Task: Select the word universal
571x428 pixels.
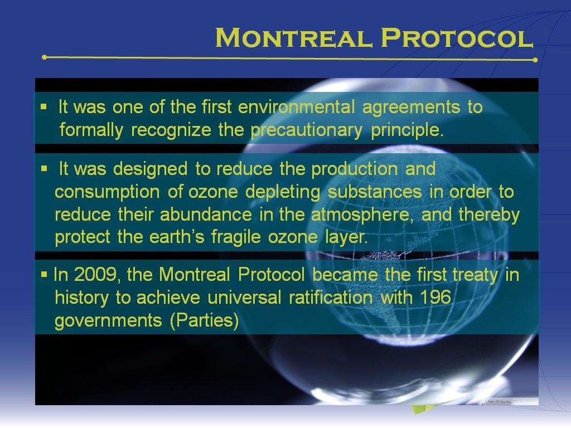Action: coord(245,298)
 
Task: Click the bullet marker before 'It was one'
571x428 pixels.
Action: coord(43,107)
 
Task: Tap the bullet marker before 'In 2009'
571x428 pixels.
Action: coord(43,275)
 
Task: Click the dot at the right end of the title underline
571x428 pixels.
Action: coord(535,60)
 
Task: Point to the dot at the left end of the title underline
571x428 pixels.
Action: coord(45,57)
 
